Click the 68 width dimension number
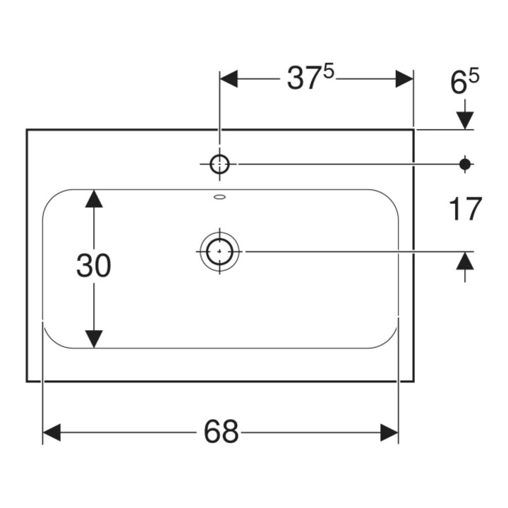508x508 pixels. pos(222,432)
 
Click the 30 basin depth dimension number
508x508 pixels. pos(94,265)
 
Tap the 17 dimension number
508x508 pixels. pos(466,209)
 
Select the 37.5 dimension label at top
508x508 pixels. pos(310,78)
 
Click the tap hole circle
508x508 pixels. pos(219,164)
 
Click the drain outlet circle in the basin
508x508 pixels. pos(219,251)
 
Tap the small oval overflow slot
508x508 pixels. pos(219,197)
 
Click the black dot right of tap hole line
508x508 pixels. pos(465,164)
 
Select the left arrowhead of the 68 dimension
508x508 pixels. pos(52,433)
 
